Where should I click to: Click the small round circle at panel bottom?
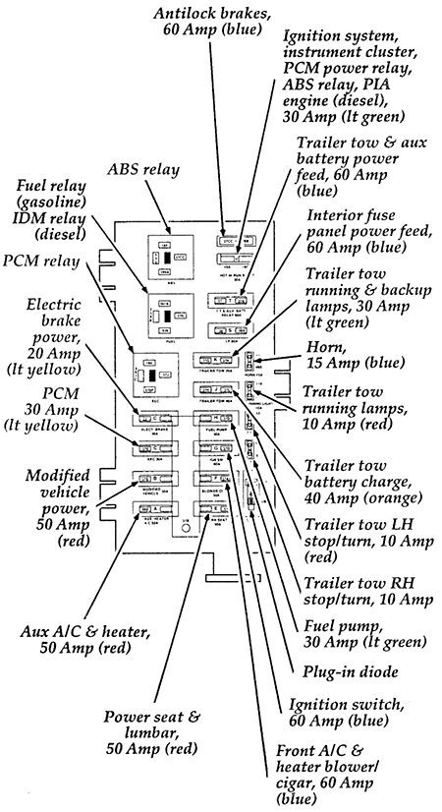[x=182, y=536]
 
